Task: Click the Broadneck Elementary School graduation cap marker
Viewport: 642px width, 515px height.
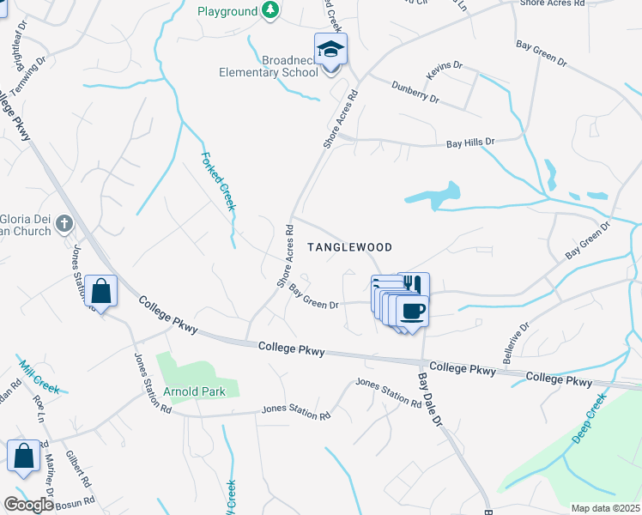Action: [x=330, y=50]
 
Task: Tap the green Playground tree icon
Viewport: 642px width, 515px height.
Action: [x=271, y=11]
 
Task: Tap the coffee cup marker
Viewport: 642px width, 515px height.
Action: [x=413, y=310]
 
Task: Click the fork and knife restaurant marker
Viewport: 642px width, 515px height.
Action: [x=413, y=284]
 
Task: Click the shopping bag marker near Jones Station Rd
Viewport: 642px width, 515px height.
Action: [x=101, y=291]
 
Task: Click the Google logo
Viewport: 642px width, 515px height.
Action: [x=28, y=505]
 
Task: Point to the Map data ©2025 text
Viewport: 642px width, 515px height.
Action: [x=606, y=508]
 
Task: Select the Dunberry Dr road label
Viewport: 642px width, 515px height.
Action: [x=415, y=93]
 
